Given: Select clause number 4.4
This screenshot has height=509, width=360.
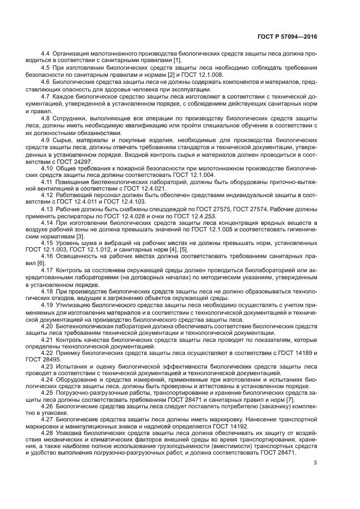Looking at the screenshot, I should click(x=46, y=53).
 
